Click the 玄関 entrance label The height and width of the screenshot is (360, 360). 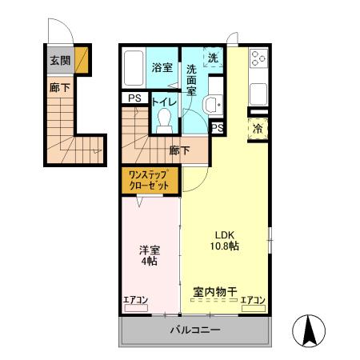tap(58, 59)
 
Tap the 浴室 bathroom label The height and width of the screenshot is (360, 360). tap(162, 67)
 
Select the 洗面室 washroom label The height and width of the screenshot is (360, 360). tap(192, 80)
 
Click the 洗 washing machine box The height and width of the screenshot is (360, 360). tap(213, 57)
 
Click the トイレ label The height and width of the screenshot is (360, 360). tap(164, 101)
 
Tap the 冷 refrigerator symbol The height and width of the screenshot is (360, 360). tap(258, 129)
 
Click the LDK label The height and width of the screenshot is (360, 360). tap(224, 234)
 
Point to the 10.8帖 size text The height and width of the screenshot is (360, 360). tap(224, 247)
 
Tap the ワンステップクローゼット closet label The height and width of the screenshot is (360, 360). tap(150, 180)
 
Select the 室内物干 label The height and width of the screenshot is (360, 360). tap(215, 291)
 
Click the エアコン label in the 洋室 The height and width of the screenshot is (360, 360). tap(136, 300)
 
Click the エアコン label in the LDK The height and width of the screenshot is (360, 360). tap(253, 300)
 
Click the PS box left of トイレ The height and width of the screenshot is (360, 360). tap(134, 98)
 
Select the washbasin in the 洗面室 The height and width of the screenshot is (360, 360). tap(211, 103)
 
